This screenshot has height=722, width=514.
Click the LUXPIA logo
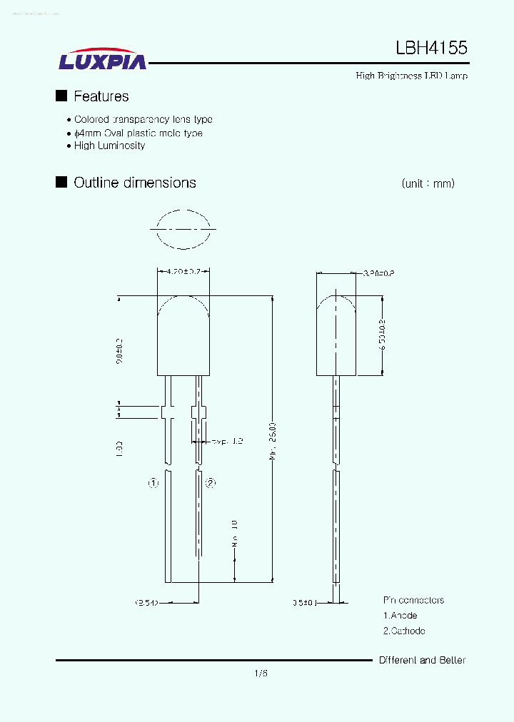(x=102, y=60)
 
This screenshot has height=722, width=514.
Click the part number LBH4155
(x=432, y=49)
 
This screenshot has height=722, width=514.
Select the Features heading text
(x=101, y=96)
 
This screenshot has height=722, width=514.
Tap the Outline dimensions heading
(x=135, y=183)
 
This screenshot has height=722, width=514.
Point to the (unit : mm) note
(x=428, y=183)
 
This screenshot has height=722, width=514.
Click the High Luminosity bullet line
(x=109, y=146)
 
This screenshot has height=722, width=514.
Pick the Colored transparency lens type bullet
(x=143, y=120)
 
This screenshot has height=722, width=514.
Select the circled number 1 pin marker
(x=153, y=483)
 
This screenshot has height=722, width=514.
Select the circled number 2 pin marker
(x=211, y=483)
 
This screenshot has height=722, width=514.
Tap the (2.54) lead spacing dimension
(x=146, y=603)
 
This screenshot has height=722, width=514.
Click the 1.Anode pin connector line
(x=400, y=616)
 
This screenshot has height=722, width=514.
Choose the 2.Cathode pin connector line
(x=404, y=631)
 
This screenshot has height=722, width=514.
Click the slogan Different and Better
(x=422, y=660)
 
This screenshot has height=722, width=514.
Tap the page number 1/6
(x=260, y=673)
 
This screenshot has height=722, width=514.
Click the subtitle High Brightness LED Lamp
(x=412, y=76)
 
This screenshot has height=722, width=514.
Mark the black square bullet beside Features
(x=61, y=96)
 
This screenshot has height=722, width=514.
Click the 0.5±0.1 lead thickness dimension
(x=303, y=603)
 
